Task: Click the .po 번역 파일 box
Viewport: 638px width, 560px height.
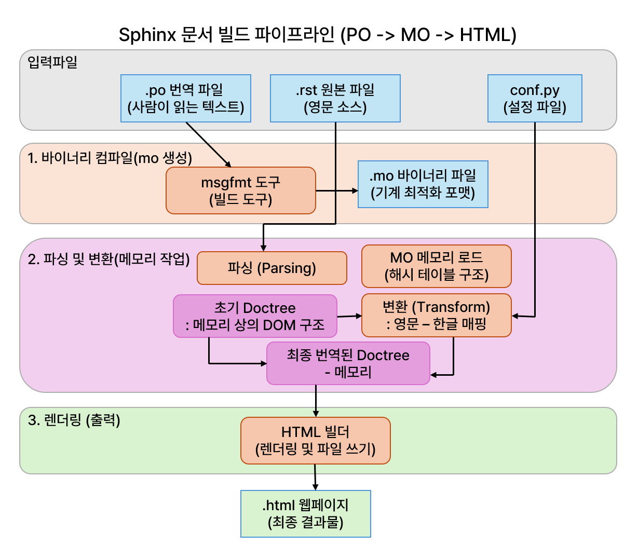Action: [x=186, y=99]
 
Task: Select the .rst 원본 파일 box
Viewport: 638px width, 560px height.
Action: [x=335, y=99]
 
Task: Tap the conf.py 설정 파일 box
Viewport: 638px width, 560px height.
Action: [x=535, y=99]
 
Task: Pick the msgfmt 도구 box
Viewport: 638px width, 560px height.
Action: [x=241, y=190]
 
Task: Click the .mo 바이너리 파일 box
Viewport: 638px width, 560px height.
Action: [x=423, y=184]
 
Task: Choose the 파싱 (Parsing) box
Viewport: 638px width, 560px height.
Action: [x=272, y=268]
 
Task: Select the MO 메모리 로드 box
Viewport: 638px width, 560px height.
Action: [x=437, y=266]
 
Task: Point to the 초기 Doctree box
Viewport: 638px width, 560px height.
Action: [x=255, y=316]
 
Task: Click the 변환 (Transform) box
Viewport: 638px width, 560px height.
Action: [x=437, y=316]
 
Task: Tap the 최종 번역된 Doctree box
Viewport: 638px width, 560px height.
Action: [x=348, y=363]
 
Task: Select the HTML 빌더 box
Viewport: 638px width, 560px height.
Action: [x=316, y=441]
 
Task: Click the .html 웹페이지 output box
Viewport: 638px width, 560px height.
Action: [x=306, y=514]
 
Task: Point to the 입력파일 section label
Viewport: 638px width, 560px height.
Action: [x=52, y=62]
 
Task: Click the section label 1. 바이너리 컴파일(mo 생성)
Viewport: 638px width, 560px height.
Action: [x=110, y=158]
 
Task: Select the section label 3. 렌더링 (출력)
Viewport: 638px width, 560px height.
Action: [x=74, y=420]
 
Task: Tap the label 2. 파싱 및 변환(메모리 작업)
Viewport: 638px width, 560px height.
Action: [x=109, y=259]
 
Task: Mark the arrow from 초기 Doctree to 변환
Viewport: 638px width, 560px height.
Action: [x=349, y=316]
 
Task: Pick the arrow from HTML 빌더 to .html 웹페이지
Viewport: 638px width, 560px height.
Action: [x=315, y=477]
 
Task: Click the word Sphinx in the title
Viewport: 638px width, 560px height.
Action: [x=147, y=35]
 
